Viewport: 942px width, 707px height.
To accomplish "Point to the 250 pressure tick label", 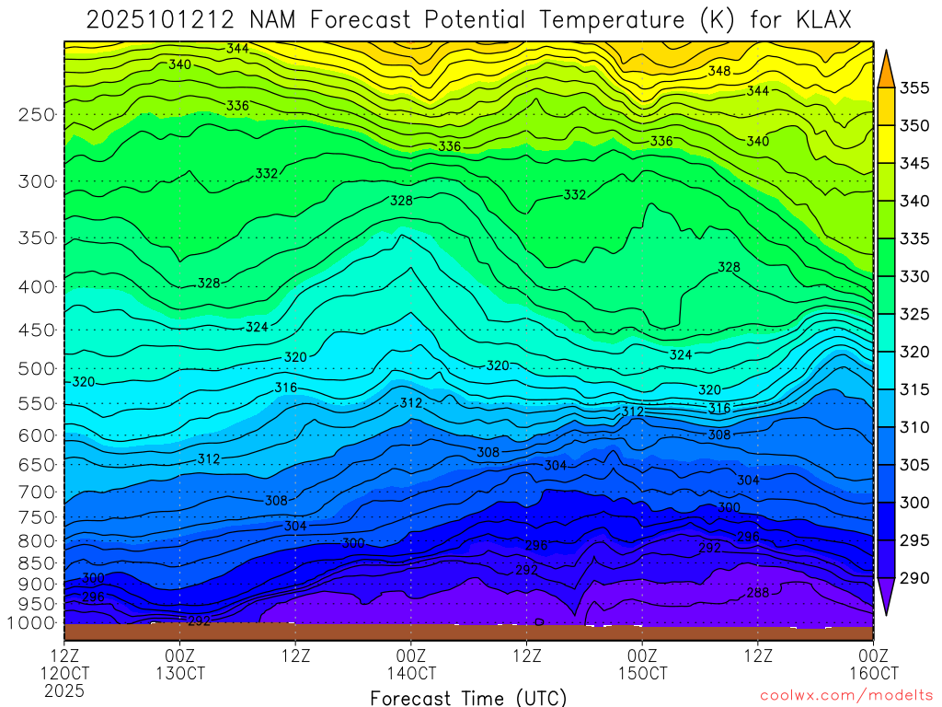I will [37, 115].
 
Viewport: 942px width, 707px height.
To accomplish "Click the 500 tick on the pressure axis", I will [37, 368].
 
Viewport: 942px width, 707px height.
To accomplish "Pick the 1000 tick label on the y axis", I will [32, 623].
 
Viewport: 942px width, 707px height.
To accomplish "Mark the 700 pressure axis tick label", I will [37, 491].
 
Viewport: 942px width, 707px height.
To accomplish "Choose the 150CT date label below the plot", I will [642, 673].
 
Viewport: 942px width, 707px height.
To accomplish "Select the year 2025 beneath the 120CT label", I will [63, 690].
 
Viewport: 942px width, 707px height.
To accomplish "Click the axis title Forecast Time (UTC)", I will [468, 697].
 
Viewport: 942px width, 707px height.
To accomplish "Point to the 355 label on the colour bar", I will [914, 88].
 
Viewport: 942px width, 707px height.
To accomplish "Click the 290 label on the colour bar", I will [914, 578].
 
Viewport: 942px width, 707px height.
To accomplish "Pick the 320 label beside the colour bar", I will [914, 352].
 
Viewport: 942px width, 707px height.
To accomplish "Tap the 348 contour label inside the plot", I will [718, 71].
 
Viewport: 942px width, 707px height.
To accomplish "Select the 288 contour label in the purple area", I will [757, 593].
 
